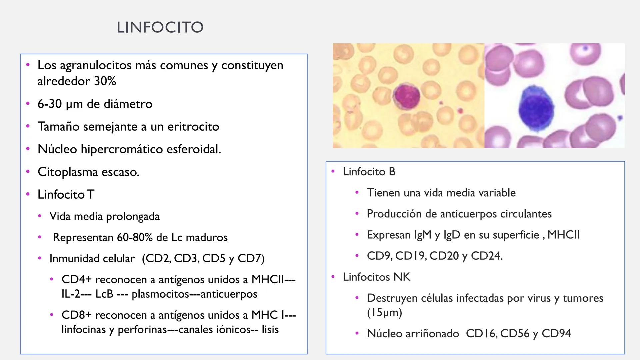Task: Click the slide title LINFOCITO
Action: (160, 27)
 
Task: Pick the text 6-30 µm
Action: (60, 104)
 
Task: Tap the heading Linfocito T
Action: (66, 194)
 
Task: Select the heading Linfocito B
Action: (369, 172)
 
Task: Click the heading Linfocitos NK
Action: (376, 277)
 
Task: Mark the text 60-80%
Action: (135, 237)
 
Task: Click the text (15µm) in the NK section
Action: (384, 313)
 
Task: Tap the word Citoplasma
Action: (68, 172)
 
